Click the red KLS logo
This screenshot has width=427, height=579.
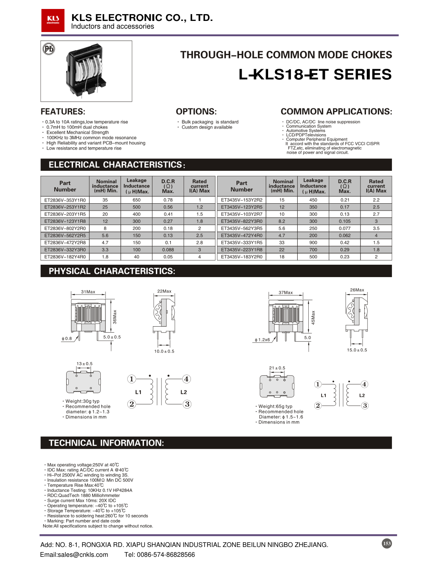point(53,20)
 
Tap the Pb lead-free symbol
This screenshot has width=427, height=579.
point(49,49)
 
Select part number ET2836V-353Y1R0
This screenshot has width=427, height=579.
point(65,200)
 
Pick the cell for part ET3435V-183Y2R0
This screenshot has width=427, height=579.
point(242,257)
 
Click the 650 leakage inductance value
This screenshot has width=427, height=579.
point(137,200)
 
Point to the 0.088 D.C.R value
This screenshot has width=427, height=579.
point(168,250)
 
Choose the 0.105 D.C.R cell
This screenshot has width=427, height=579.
point(345,221)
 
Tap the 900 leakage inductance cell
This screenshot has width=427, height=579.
point(313,243)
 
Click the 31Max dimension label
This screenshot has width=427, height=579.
point(88,292)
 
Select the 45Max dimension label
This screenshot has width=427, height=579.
point(313,317)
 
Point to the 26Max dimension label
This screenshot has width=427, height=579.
point(357,290)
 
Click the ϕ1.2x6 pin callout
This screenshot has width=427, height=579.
point(262,340)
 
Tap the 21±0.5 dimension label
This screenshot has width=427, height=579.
point(277,368)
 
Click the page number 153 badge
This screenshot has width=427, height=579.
point(387,544)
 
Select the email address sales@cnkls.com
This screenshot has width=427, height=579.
point(74,555)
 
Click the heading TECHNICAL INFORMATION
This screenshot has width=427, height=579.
point(106,443)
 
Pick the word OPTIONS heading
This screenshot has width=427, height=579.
point(196,111)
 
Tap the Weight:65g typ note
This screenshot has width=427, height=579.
point(275,406)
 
